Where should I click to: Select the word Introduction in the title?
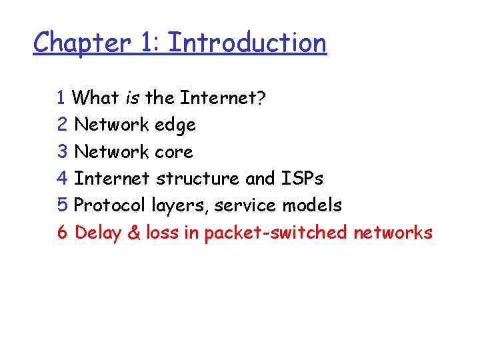(x=247, y=42)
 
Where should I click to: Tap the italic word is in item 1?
(x=132, y=98)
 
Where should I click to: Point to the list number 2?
(x=63, y=125)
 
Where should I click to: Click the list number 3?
(x=63, y=152)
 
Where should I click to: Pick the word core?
(x=173, y=152)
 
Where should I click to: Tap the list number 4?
(x=63, y=179)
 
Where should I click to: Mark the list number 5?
(x=63, y=205)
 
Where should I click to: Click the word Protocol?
(x=107, y=205)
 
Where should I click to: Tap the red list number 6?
(x=63, y=233)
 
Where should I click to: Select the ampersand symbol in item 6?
(x=135, y=233)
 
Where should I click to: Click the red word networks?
(x=393, y=233)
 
